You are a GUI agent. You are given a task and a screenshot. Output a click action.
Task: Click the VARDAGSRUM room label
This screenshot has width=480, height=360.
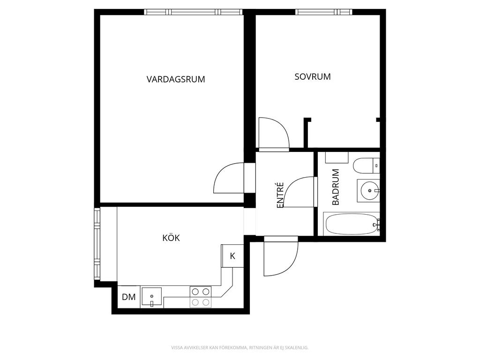coord(176,80)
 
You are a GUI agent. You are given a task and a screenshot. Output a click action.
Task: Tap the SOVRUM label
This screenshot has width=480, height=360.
coord(313,76)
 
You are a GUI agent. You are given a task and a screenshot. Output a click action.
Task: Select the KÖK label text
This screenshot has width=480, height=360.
coord(171,238)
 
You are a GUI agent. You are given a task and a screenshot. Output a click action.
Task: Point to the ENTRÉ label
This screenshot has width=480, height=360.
coord(280,195)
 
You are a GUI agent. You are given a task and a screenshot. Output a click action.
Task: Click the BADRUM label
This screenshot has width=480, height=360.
coord(336,187)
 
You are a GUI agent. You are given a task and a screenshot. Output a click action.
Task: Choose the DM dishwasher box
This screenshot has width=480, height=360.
coord(129,297)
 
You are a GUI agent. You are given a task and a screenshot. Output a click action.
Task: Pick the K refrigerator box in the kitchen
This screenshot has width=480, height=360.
coord(232,256)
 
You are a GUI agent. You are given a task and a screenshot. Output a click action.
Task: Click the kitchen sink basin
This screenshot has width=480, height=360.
coord(151,297)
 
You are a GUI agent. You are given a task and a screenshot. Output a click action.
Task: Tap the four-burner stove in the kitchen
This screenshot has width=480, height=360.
coord(201,297)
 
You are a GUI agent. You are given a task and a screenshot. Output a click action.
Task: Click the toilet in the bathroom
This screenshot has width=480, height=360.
coord(366,165)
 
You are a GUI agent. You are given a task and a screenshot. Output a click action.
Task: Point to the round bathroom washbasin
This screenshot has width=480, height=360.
coord(369,191)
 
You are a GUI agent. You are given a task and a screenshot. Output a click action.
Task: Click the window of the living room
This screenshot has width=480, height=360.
coord(194,12)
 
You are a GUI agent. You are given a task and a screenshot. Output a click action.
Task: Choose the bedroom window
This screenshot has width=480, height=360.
coord(324,12)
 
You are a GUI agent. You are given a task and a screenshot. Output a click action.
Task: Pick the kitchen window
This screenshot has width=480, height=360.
coord(97,244)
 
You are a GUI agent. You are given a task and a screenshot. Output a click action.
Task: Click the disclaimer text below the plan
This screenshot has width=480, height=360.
coord(240,348)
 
